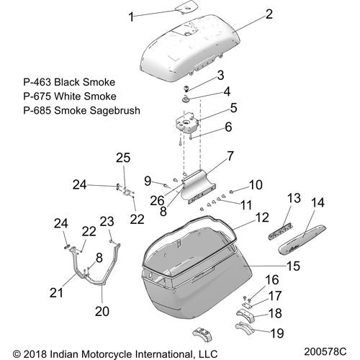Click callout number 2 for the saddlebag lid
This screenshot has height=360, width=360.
269,14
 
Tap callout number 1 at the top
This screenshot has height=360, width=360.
131,17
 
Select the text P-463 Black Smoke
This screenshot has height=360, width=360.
69,82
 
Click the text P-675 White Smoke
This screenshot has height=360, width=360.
70,96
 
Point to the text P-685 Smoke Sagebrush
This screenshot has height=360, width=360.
82,110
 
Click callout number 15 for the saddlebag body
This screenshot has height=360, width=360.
293,266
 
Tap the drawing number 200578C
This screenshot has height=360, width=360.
325,351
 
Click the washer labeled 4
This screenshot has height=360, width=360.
186,99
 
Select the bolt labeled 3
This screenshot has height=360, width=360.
186,89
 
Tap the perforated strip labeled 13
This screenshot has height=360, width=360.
280,231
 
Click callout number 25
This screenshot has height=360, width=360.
123,158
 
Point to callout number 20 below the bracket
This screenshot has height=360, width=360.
102,311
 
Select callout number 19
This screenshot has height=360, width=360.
277,333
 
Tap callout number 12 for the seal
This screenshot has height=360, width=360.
262,217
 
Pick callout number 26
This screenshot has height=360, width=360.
157,201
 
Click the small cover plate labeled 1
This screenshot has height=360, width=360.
186,7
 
